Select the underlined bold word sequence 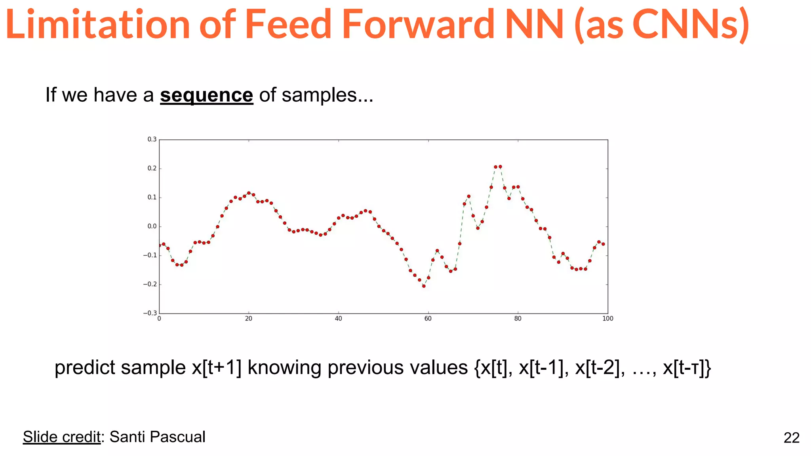point(206,95)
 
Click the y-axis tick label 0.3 point(152,139)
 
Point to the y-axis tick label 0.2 point(152,168)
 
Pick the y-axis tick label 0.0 point(152,226)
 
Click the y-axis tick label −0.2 point(150,284)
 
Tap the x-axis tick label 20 point(249,319)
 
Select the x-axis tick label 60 point(428,319)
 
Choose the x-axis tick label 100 point(607,319)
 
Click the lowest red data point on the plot point(424,286)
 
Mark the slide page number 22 point(791,438)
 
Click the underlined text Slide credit point(61,437)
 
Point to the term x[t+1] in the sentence point(217,368)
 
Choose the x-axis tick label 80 point(518,319)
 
